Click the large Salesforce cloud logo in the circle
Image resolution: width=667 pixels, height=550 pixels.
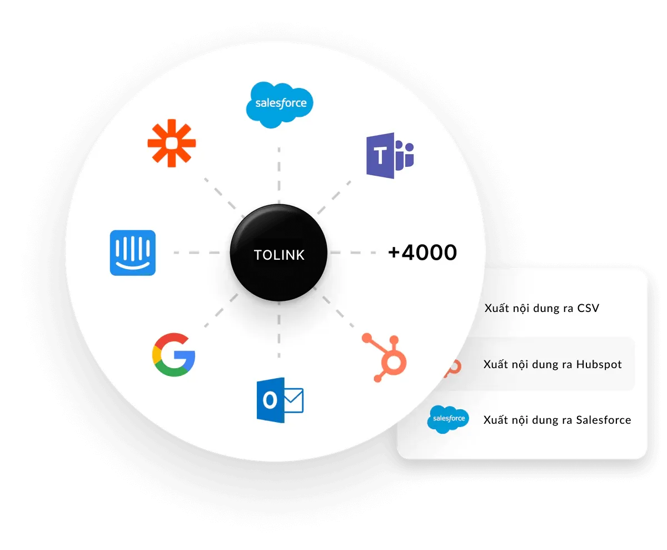[x=280, y=104]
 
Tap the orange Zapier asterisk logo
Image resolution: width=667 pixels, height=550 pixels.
[x=171, y=143]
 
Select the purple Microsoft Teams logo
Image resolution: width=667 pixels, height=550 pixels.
[x=390, y=156]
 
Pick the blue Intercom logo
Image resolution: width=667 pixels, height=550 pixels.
[x=133, y=253]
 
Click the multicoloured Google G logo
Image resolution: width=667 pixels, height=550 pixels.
[x=173, y=355]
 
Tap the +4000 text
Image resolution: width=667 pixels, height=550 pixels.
[x=422, y=252]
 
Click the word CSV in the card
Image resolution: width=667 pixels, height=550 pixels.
[x=588, y=308]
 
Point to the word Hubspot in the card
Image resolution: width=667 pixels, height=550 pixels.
[x=599, y=365]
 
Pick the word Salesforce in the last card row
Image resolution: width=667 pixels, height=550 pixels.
[x=604, y=420]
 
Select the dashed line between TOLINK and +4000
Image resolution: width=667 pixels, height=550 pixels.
[x=356, y=252]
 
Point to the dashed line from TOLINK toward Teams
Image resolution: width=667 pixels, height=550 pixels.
[x=336, y=195]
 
